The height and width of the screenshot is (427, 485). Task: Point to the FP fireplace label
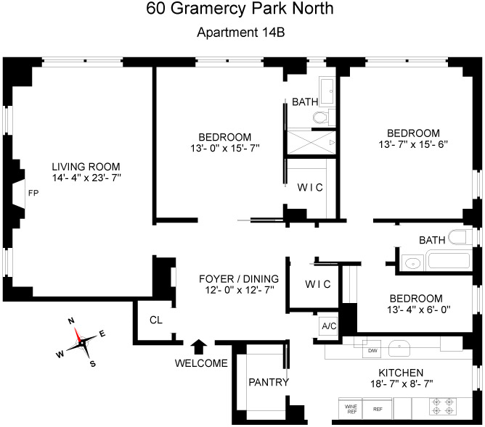pos(33,194)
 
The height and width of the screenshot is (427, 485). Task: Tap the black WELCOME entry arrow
pos(200,347)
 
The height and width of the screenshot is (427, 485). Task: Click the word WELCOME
pos(201,363)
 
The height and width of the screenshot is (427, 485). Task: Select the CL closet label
pos(156,320)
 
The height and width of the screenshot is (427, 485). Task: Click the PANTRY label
pos(269,383)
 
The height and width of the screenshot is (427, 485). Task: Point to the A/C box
pos(328,326)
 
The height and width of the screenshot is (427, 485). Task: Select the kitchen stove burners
pos(444,407)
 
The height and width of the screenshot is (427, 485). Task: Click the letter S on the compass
pos(92,364)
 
